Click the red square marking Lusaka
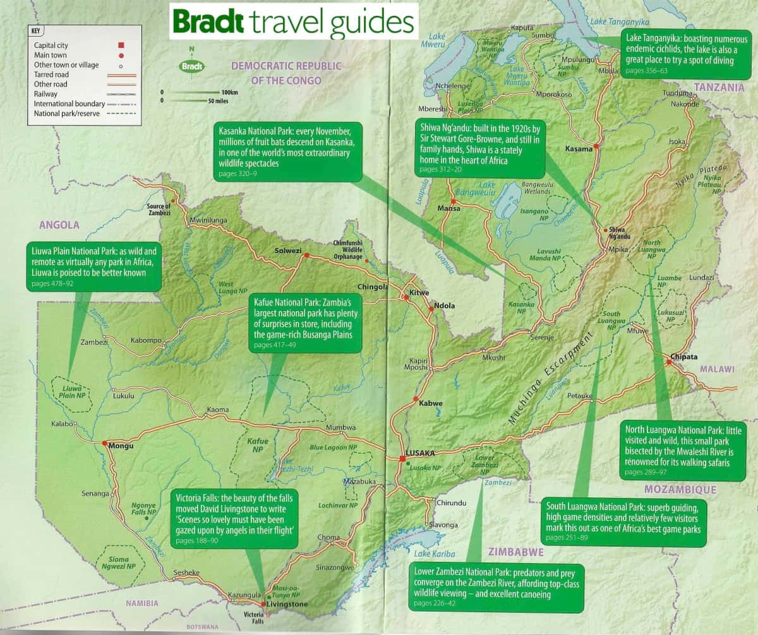point(402,459)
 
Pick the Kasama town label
point(579,149)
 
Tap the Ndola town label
point(444,306)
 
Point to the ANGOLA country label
point(59,224)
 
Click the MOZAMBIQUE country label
point(680,489)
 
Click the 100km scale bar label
point(225,92)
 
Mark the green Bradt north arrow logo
point(191,65)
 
